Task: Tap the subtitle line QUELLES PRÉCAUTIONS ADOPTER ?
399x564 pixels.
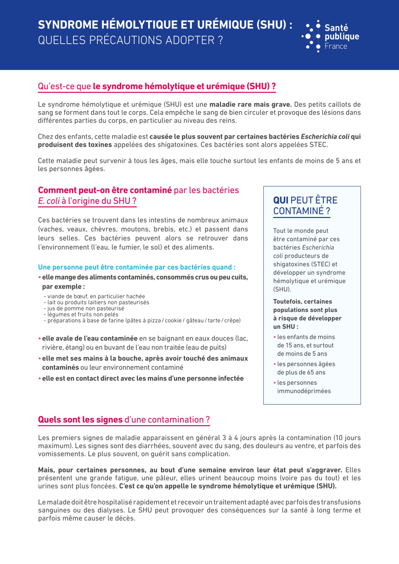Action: pos(130,40)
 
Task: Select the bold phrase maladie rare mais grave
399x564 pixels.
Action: pos(250,105)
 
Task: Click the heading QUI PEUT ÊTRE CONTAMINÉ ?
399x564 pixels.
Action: pos(305,206)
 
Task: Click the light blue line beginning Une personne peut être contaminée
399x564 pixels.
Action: pos(137,267)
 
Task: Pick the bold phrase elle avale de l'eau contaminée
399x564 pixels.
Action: pos(90,338)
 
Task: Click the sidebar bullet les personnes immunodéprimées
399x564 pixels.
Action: pos(304,387)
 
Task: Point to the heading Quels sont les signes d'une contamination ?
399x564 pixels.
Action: pos(124,420)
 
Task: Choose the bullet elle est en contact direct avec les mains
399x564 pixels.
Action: pos(143,378)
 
